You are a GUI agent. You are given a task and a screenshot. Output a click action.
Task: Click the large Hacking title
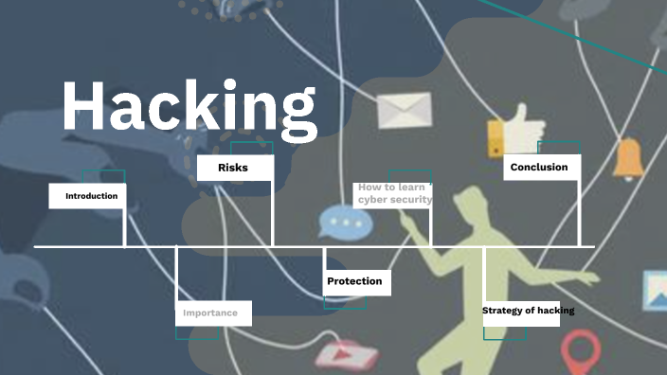[189, 107]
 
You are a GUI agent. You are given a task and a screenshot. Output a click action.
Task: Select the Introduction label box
[88, 196]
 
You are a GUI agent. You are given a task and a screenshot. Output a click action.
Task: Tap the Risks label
[234, 168]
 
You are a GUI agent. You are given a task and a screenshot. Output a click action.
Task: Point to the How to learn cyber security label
[393, 194]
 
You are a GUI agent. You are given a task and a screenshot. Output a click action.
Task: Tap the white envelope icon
[404, 111]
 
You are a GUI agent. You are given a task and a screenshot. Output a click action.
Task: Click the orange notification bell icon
[626, 158]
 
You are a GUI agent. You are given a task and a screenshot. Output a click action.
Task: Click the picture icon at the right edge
[656, 292]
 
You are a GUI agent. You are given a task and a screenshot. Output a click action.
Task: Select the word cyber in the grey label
[376, 200]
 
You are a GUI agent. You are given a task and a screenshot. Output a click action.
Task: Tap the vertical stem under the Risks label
[272, 214]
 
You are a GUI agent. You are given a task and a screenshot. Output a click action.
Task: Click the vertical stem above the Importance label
[177, 274]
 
